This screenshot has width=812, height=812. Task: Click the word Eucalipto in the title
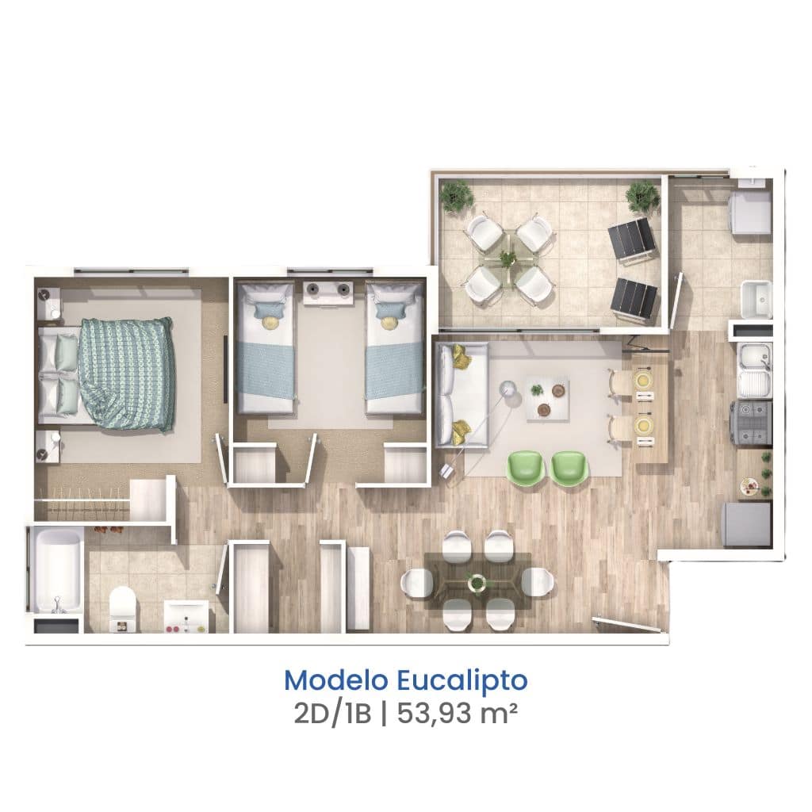click(x=462, y=681)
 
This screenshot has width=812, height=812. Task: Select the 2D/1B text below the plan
click(x=332, y=715)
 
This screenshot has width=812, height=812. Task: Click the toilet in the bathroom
click(x=123, y=608)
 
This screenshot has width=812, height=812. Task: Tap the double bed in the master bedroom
click(x=106, y=375)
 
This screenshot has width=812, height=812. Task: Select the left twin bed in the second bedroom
click(x=265, y=347)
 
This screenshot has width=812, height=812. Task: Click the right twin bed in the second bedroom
click(x=394, y=347)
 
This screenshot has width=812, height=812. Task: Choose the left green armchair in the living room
click(x=525, y=468)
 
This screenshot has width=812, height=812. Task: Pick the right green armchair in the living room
click(x=569, y=468)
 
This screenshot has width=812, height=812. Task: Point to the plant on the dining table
click(x=477, y=582)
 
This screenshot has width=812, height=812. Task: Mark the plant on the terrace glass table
click(x=507, y=257)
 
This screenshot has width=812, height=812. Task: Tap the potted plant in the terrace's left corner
click(x=456, y=196)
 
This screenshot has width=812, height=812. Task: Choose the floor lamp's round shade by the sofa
click(x=507, y=387)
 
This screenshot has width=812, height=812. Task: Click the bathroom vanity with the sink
click(x=186, y=616)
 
